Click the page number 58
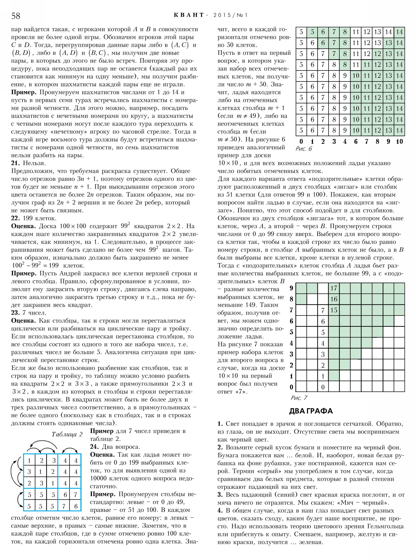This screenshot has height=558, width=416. [x=16, y=16]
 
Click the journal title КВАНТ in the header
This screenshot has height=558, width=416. [x=189, y=15]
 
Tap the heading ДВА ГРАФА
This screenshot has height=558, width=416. [x=311, y=411]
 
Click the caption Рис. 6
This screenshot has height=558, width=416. [x=304, y=149]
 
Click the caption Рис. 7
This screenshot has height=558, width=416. [x=299, y=398]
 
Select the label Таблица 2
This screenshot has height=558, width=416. [x=67, y=434]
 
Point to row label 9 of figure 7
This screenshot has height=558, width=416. [x=291, y=288]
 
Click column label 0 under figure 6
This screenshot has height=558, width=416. [x=301, y=141]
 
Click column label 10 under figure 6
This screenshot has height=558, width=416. [x=399, y=141]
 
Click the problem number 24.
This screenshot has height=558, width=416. [x=94, y=447]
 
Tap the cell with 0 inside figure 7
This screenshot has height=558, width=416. [x=323, y=387]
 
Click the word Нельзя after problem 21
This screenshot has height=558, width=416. [x=34, y=163]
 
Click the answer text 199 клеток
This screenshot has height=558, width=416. [x=40, y=218]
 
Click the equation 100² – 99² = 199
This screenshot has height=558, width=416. [x=35, y=265]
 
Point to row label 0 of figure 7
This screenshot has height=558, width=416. [x=291, y=387]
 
